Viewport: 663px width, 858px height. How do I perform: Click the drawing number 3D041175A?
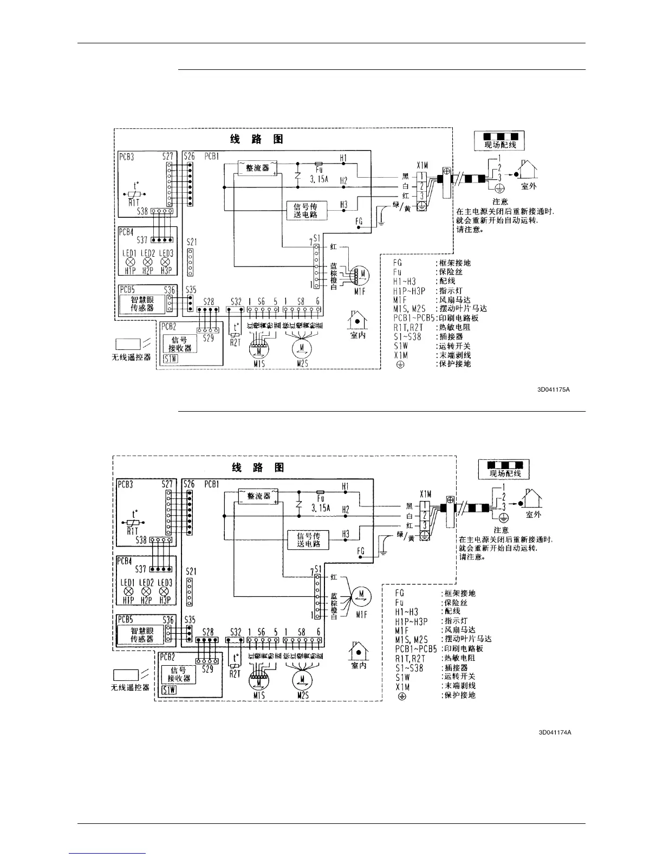[554, 389]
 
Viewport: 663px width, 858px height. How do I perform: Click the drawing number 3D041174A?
[555, 733]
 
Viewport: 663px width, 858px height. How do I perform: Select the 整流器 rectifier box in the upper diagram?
[258, 167]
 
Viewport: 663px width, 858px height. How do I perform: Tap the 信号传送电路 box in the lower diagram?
[308, 539]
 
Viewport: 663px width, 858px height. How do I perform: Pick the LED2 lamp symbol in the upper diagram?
[148, 262]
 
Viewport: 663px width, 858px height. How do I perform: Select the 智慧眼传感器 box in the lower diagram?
[142, 635]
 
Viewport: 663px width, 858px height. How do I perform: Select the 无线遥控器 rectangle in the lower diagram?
[125, 675]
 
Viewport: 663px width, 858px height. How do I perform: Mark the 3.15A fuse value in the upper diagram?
[319, 179]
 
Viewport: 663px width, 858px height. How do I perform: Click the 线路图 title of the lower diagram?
[257, 467]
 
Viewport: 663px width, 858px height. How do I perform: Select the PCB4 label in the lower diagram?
[126, 561]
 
